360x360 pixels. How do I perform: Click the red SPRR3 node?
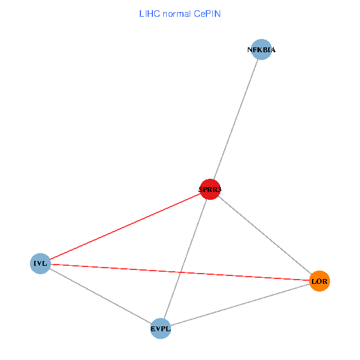[210, 190]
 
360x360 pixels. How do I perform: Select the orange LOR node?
[319, 281]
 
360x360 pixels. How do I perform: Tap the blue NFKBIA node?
[262, 50]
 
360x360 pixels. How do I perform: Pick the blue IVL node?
[40, 263]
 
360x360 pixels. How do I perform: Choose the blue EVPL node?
[160, 328]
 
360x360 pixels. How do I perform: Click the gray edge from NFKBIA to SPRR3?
[236, 120]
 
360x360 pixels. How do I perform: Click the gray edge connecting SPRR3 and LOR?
[265, 235]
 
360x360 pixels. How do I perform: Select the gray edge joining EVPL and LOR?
[240, 305]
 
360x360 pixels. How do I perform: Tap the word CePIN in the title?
[208, 13]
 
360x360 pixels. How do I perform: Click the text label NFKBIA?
[262, 50]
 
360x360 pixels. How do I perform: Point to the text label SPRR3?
[210, 190]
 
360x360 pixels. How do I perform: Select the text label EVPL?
[160, 328]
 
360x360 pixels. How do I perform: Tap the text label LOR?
[319, 281]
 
